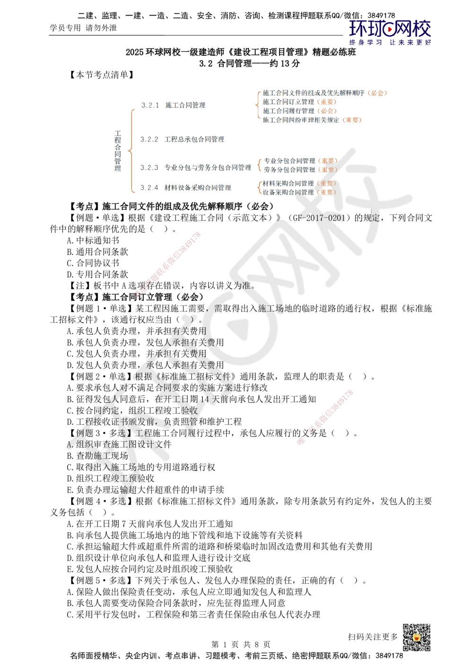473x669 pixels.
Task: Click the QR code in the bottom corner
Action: tap(416, 637)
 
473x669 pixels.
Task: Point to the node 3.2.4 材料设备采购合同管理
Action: tap(186, 188)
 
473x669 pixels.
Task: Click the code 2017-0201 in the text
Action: tap(326, 218)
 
